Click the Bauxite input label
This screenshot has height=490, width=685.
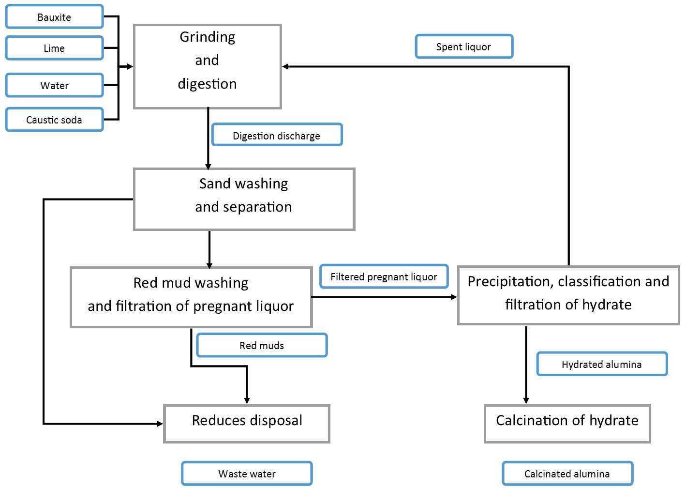tap(54, 17)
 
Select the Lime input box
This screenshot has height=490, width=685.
tap(54, 48)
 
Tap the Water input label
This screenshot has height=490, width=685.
tap(54, 85)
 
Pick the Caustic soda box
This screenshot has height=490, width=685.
tap(54, 120)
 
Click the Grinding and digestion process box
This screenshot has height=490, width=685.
tap(207, 66)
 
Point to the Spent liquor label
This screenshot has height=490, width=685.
tap(463, 46)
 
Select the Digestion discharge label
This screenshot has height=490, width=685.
tap(276, 135)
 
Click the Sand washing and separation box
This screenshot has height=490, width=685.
tap(244, 199)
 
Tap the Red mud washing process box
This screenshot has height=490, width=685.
tap(191, 297)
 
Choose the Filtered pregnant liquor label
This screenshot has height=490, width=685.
tap(384, 276)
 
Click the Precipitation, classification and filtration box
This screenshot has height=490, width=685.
tap(568, 295)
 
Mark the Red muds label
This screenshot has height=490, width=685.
tap(262, 345)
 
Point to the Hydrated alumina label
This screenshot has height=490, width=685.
tap(601, 364)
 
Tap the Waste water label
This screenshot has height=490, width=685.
tap(247, 474)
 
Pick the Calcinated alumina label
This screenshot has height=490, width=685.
tap(567, 474)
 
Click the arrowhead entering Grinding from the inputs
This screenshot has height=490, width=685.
tap(129, 66)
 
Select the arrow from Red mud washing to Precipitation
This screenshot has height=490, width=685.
tap(385, 297)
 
